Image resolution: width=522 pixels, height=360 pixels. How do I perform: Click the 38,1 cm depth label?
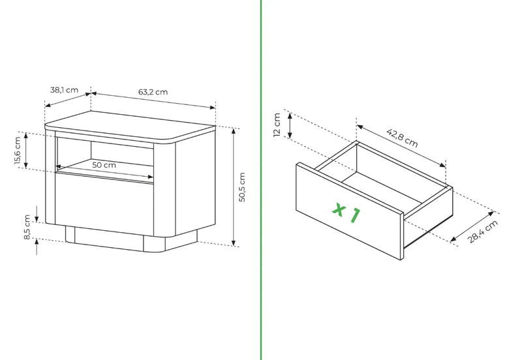pyautogui.click(x=64, y=90)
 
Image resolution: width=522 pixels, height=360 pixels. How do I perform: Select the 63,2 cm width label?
pyautogui.click(x=153, y=92)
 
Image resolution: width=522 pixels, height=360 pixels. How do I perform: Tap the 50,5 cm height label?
pyautogui.click(x=242, y=187)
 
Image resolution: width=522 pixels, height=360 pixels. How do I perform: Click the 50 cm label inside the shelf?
pyautogui.click(x=104, y=165)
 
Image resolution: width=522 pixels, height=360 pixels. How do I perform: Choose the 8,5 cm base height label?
pyautogui.click(x=27, y=227)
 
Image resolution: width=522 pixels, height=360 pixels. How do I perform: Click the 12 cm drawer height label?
pyautogui.click(x=277, y=125)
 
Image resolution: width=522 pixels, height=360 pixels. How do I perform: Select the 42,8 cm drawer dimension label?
pyautogui.click(x=402, y=138)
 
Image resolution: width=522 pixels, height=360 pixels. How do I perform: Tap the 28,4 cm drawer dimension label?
pyautogui.click(x=483, y=232)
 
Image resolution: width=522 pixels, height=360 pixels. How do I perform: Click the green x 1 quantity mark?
pyautogui.click(x=346, y=212)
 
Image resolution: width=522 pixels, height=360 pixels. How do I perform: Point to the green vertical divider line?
pyautogui.click(x=261, y=180)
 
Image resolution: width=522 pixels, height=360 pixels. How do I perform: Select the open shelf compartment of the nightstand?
pyautogui.click(x=105, y=156)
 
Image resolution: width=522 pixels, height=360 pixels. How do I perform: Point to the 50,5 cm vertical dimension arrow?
pyautogui.click(x=234, y=187)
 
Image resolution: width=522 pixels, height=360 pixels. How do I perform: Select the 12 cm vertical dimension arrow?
pyautogui.click(x=290, y=125)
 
